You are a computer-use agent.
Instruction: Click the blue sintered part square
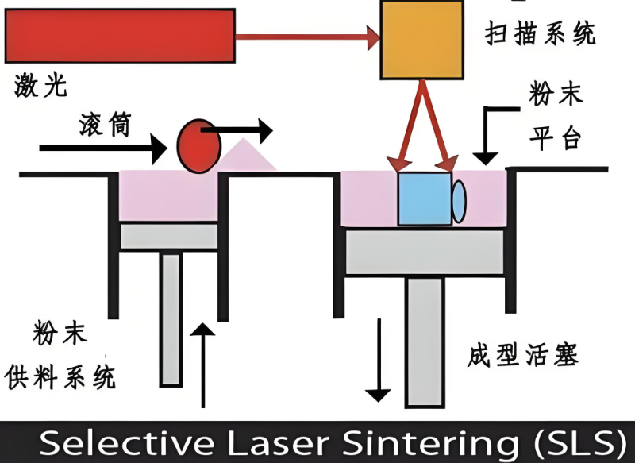(424, 198)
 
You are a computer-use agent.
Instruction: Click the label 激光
(40, 84)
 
